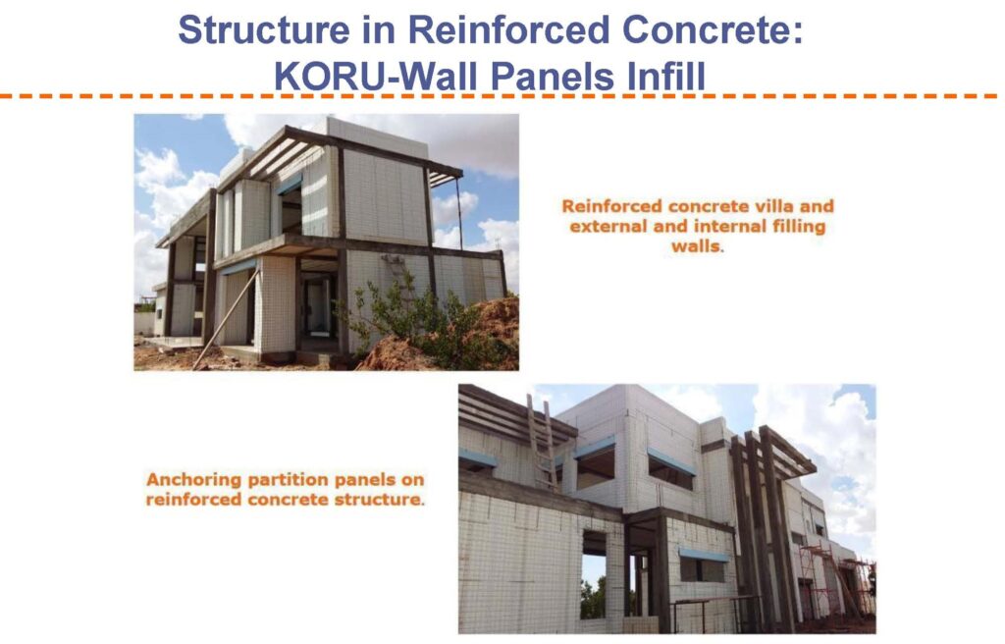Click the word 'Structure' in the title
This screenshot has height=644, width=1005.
(x=264, y=29)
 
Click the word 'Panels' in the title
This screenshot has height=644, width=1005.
(x=555, y=77)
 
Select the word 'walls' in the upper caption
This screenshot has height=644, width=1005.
(x=696, y=246)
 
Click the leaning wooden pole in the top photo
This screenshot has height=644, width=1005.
(x=226, y=318)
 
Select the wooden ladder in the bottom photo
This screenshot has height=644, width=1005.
(x=542, y=442)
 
